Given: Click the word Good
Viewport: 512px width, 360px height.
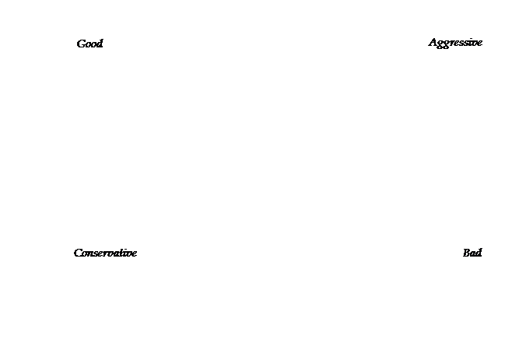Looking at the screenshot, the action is tap(89, 44).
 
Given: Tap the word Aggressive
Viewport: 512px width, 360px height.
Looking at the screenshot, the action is tap(455, 43).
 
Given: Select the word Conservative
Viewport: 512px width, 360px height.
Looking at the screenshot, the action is tap(105, 253).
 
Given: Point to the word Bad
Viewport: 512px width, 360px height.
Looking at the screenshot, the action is tap(472, 253).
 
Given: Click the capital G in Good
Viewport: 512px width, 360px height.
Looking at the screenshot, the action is tap(81, 44).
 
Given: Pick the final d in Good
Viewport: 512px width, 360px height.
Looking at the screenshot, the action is tap(100, 44).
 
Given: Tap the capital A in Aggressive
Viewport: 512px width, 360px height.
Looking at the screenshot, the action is tap(433, 43).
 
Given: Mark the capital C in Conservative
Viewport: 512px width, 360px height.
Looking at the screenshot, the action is tap(78, 253).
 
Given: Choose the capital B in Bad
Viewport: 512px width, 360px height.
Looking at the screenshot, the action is tap(467, 253).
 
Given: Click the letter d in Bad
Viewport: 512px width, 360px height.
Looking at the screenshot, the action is tap(479, 253).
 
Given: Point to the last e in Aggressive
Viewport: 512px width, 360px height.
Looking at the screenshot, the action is tap(479, 44).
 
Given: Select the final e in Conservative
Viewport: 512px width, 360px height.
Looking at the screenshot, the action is tap(134, 254).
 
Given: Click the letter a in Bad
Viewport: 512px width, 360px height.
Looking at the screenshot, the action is tap(473, 254).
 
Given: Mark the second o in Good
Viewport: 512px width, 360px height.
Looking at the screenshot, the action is tap(93, 45).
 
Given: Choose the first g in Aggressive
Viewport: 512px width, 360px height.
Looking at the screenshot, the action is tap(441, 45).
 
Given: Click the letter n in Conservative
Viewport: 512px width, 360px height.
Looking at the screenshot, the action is tap(91, 254).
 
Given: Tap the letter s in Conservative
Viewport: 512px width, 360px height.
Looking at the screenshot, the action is tap(96, 254).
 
